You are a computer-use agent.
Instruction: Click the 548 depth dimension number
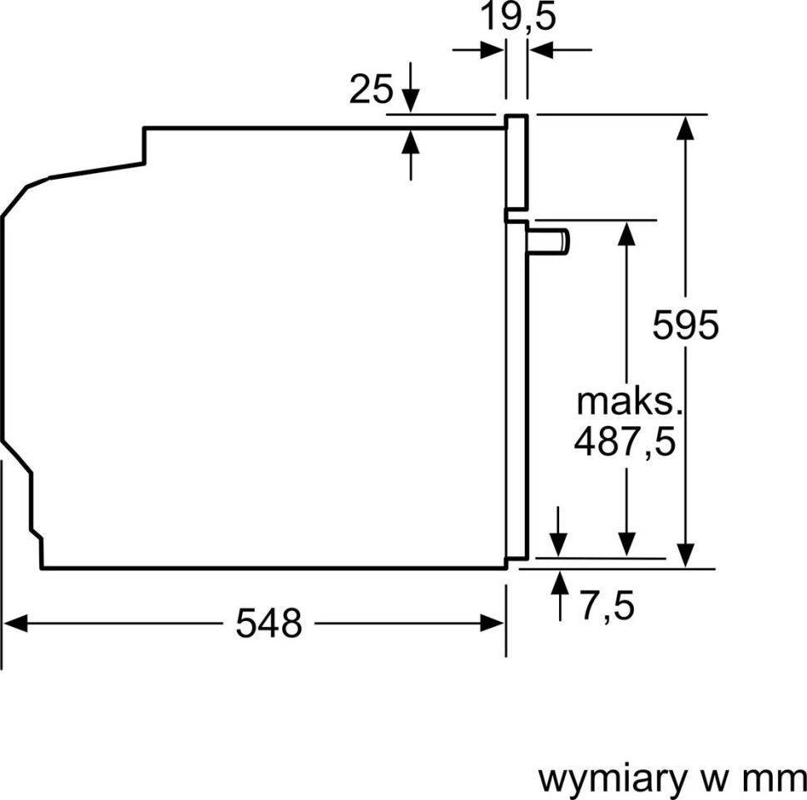[268, 623]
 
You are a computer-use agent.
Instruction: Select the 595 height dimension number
[685, 325]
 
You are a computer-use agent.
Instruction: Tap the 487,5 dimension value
[624, 442]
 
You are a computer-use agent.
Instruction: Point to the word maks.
[629, 402]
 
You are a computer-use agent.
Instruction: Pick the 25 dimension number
[370, 89]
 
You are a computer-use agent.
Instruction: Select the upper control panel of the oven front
[517, 161]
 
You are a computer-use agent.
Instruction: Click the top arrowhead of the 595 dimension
[685, 126]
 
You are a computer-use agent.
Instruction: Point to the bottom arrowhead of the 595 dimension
[685, 556]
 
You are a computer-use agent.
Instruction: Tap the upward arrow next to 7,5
[559, 581]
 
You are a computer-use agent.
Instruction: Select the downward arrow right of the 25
[411, 101]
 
